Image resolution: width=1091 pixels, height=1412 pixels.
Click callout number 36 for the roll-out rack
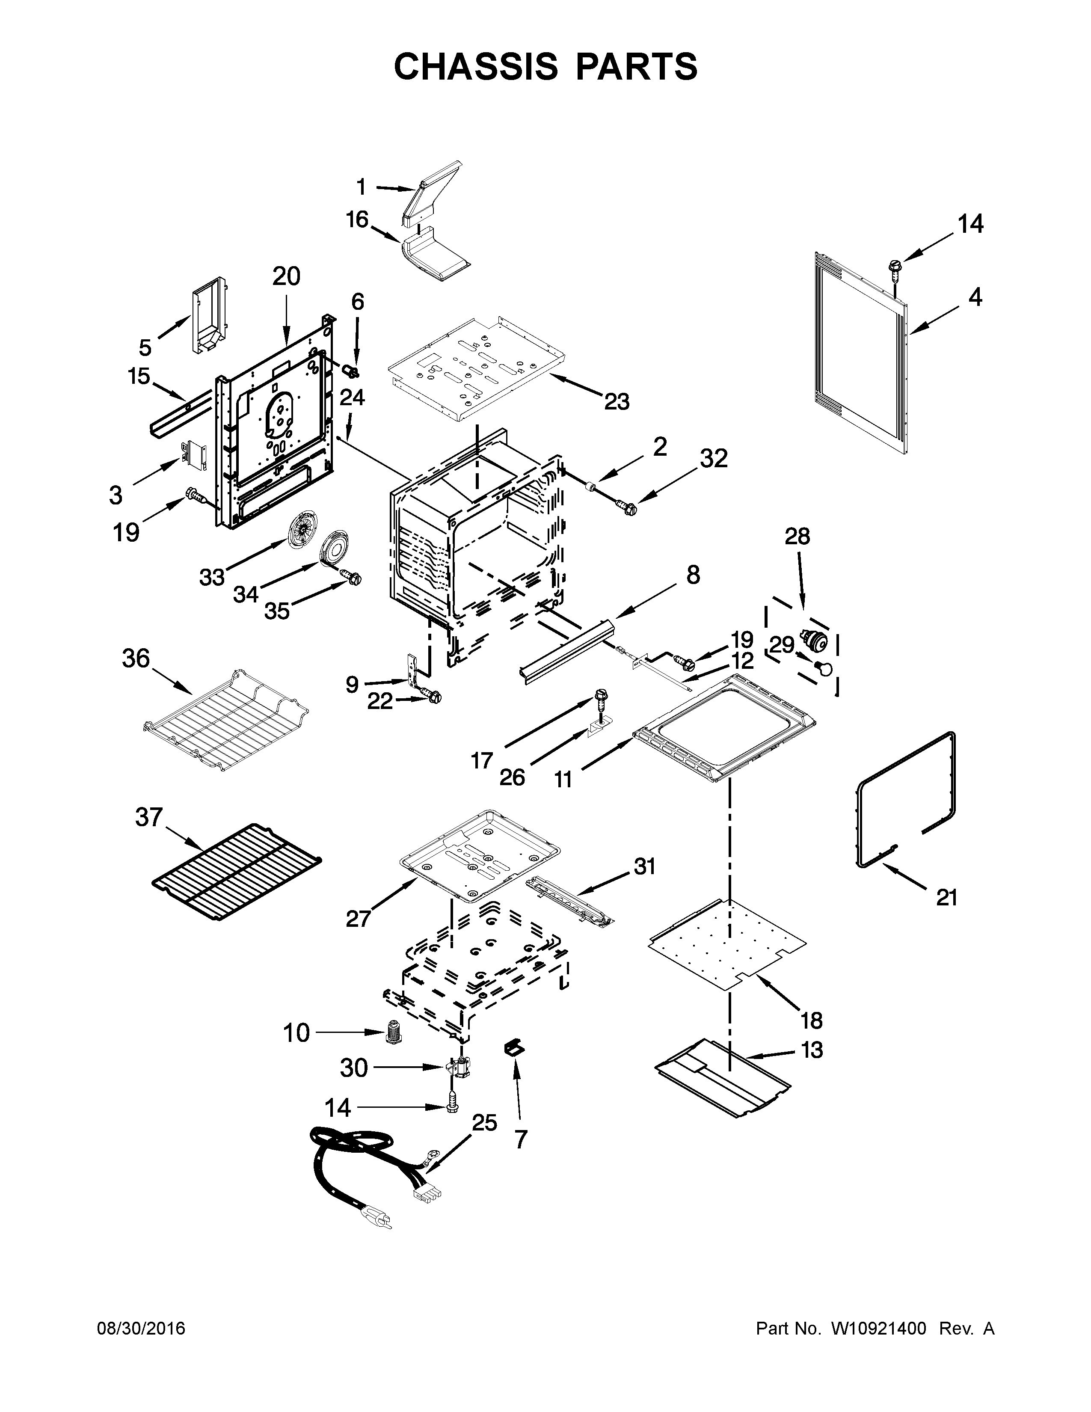tap(136, 659)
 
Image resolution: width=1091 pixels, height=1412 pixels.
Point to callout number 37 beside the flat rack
tap(148, 817)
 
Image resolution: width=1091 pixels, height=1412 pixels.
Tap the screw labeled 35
tap(352, 575)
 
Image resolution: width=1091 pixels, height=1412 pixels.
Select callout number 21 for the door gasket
tap(946, 897)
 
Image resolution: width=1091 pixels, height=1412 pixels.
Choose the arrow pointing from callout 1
tap(393, 188)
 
